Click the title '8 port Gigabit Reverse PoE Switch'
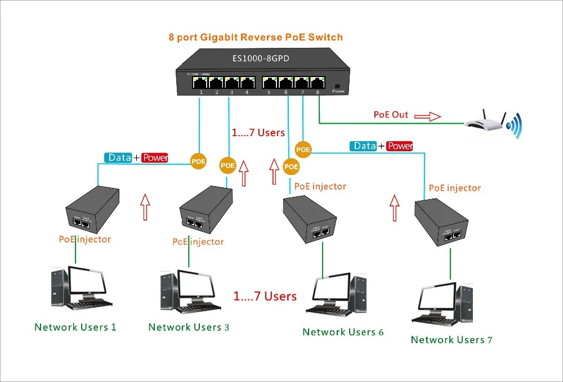point(255,37)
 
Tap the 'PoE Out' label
point(391,115)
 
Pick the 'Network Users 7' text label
point(452,340)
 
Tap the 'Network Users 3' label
point(189,327)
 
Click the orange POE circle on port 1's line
point(198,161)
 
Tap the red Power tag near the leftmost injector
point(155,158)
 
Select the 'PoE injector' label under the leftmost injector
point(85,239)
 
